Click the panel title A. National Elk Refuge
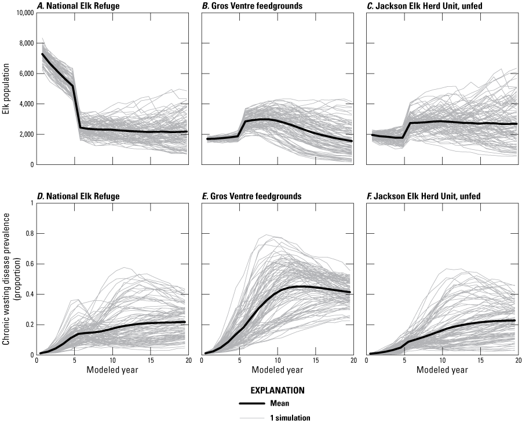tap(75, 6)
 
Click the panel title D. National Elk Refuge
tap(75, 196)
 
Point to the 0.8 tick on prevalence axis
tap(27, 233)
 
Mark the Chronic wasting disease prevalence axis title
tap(8, 278)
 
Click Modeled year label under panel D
tap(111, 370)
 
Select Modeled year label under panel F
tap(441, 370)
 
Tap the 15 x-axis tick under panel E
tap(315, 361)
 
